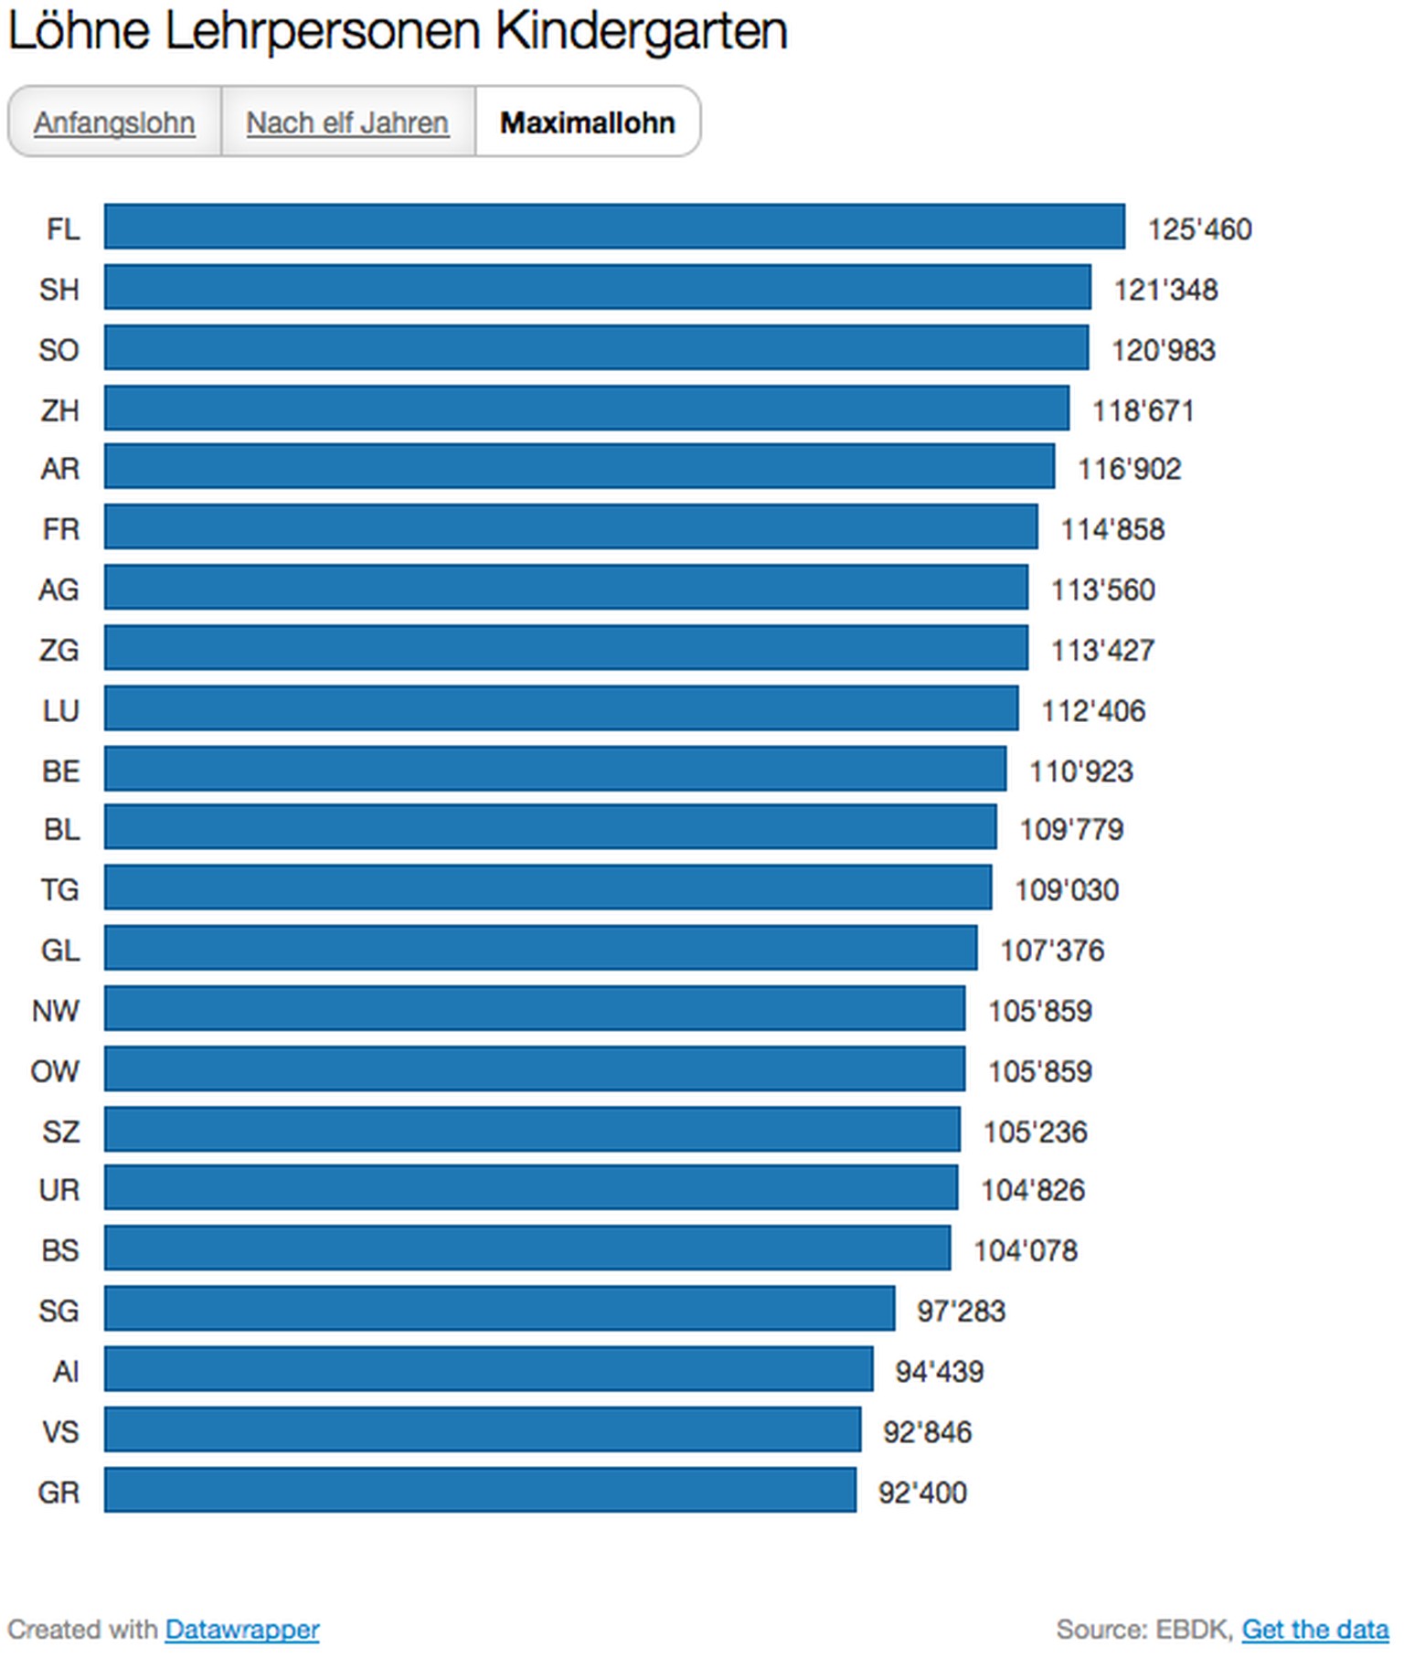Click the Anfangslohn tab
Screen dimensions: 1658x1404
[114, 122]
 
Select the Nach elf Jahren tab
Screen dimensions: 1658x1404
[347, 122]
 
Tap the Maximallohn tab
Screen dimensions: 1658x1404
[587, 122]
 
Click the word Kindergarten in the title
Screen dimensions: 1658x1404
[641, 31]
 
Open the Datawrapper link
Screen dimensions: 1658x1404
[241, 1629]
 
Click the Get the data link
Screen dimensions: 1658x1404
[1314, 1629]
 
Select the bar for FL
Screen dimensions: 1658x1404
[614, 227]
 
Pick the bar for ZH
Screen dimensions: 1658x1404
[586, 408]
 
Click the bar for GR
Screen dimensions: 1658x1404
[480, 1490]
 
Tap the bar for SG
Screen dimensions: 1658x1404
[499, 1308]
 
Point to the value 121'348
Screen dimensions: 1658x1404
[1165, 290]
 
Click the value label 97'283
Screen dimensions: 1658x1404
[961, 1311]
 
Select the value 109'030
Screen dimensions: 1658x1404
[1067, 889]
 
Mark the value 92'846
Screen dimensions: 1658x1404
[927, 1431]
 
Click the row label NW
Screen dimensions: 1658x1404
[56, 1011]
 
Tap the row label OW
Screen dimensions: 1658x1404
[55, 1071]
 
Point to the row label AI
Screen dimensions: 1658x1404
[66, 1371]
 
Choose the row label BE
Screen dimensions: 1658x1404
[60, 771]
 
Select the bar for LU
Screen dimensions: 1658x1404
[560, 708]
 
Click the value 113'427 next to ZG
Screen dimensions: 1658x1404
[1102, 650]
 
